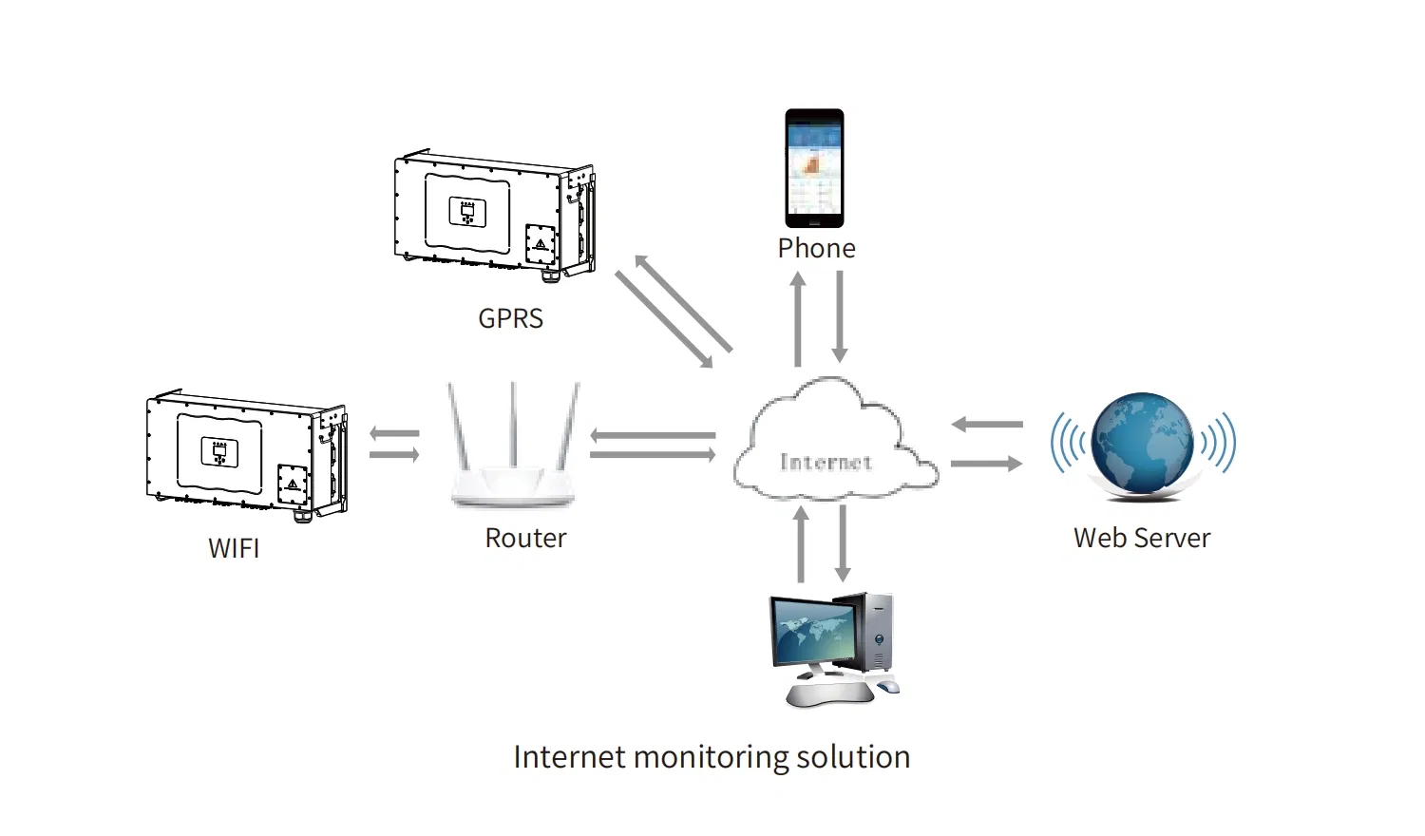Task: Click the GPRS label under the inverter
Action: [510, 318]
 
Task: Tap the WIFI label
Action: [234, 548]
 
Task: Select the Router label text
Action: [525, 538]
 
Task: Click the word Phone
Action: [816, 248]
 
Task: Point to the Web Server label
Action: [1142, 538]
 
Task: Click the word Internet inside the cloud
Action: [826, 463]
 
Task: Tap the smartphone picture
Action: [814, 168]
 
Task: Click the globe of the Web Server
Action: [1143, 443]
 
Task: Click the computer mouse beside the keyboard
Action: [888, 686]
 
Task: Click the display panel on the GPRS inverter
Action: [466, 212]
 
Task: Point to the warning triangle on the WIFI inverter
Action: [292, 484]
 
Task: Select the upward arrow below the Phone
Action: [798, 318]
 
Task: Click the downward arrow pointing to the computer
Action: [843, 543]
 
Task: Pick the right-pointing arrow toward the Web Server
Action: [987, 464]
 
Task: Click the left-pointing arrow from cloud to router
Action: [653, 436]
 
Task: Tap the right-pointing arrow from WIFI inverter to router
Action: [394, 455]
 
